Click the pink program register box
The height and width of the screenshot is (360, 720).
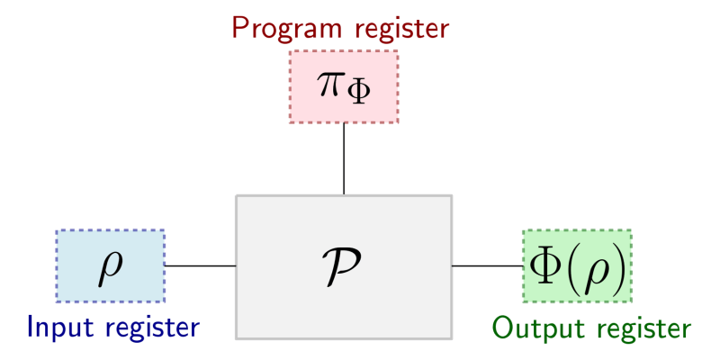[x=344, y=86]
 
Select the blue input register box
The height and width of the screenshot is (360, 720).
[x=110, y=265]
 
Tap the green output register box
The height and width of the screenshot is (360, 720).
[x=577, y=265]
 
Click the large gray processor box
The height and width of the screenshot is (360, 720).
[x=344, y=266]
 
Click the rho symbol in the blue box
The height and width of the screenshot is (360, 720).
[x=110, y=270]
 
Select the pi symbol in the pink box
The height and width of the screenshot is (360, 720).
[x=329, y=84]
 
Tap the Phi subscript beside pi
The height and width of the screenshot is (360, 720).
[x=358, y=94]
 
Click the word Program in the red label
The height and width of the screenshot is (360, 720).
[x=287, y=29]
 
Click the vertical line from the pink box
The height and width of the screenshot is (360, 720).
[x=344, y=159]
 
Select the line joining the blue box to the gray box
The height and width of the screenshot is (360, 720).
[x=200, y=265]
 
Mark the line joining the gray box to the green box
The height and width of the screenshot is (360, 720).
[x=487, y=265]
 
